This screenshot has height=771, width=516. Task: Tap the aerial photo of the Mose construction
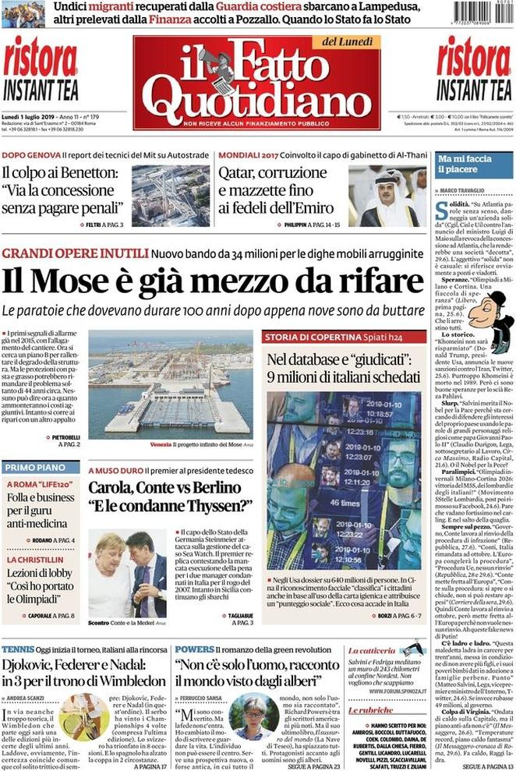170,387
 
